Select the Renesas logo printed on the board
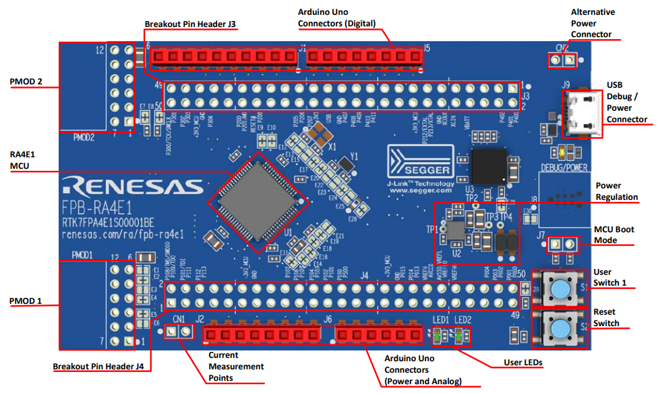pos(131,186)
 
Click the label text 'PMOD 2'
pos(26,82)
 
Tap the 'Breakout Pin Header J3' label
pos(191,24)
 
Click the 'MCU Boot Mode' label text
pos(614,235)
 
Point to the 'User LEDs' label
pos(523,363)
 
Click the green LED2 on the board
pos(459,336)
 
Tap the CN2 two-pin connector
pos(562,61)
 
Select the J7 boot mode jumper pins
pos(562,243)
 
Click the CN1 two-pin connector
pos(179,332)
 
